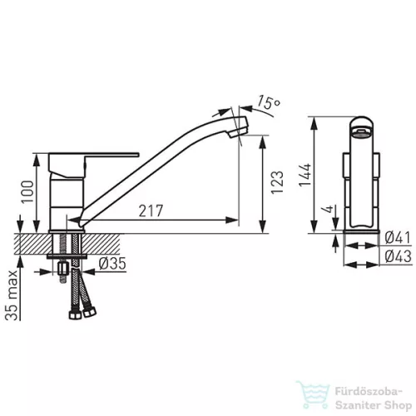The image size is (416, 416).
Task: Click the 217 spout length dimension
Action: pyautogui.click(x=151, y=210)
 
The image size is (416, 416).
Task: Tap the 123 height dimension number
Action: pyautogui.click(x=277, y=183)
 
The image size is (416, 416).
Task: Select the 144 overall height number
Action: pyautogui.click(x=305, y=175)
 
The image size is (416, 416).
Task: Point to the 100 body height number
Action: pyautogui.click(x=27, y=191)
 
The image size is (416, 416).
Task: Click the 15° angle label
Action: pyautogui.click(x=269, y=102)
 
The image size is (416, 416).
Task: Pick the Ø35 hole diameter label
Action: pyautogui.click(x=112, y=264)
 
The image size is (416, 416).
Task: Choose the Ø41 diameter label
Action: pyautogui.click(x=398, y=238)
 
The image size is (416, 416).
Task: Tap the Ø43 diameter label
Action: pyautogui.click(x=399, y=256)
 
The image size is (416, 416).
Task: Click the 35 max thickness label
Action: pyautogui.click(x=12, y=295)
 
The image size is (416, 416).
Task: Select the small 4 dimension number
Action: pyautogui.click(x=329, y=209)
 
